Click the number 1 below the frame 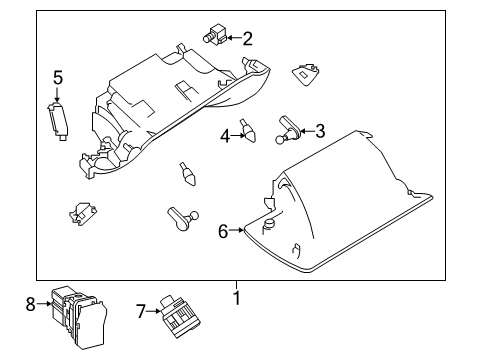tap(237, 298)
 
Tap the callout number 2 tap(247, 39)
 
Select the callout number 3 tap(320, 129)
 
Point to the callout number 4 tap(226, 136)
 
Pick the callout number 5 tap(58, 77)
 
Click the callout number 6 tap(223, 231)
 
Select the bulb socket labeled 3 tap(288, 126)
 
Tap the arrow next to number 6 tap(238, 231)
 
